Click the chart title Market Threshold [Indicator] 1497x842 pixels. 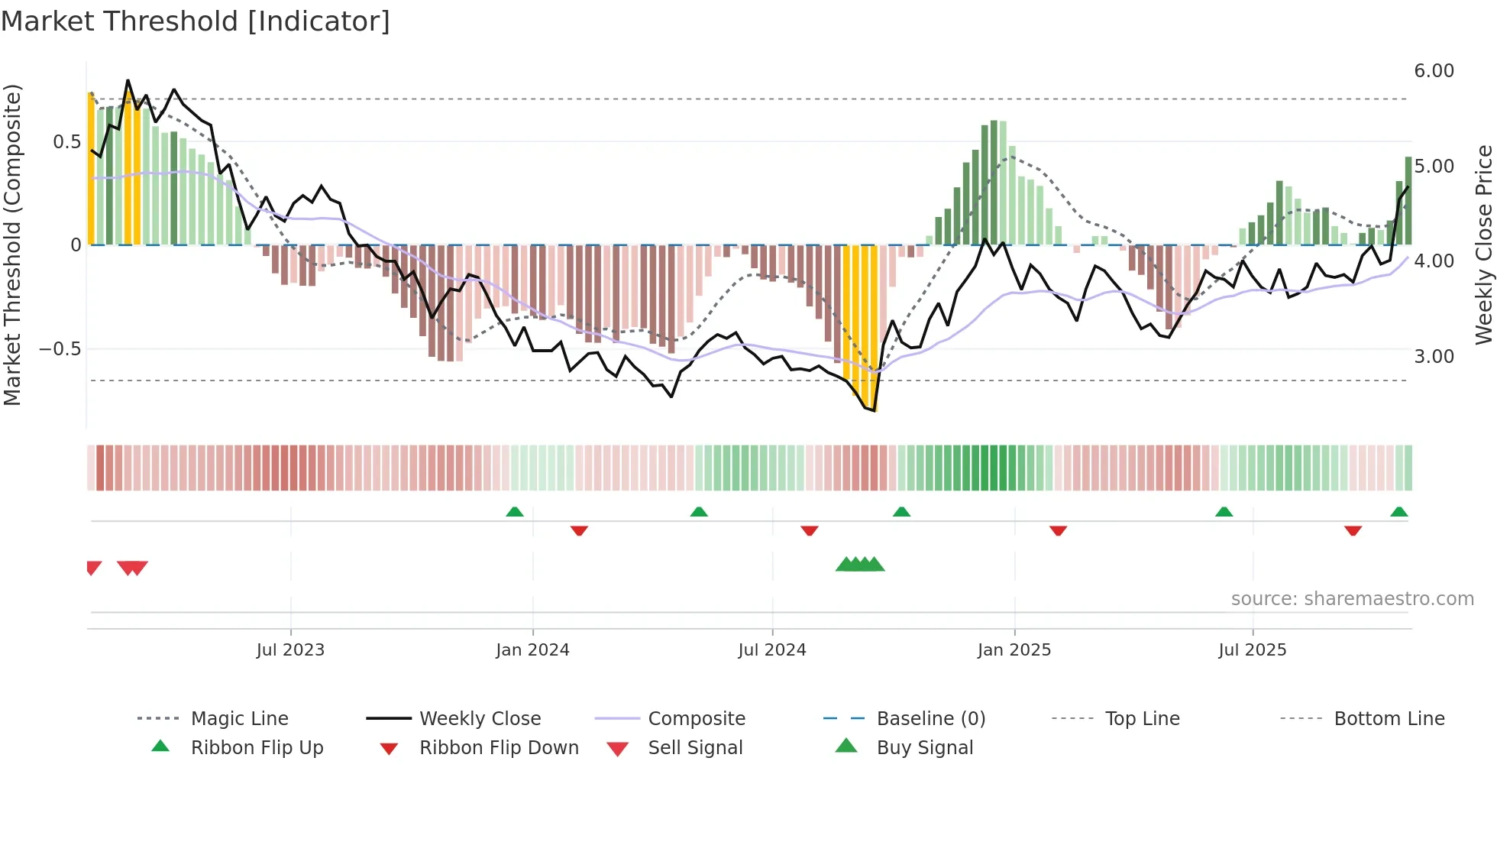point(196,21)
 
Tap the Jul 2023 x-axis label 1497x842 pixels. point(290,650)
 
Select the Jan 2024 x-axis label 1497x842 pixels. point(532,650)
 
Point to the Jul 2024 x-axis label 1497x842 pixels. point(772,650)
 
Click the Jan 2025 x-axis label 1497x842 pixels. point(1014,650)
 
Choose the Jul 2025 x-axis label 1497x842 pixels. point(1253,650)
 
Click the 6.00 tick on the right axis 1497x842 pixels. point(1434,71)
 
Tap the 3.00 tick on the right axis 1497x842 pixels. point(1434,357)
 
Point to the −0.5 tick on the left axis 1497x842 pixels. point(60,349)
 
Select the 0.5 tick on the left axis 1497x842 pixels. point(66,142)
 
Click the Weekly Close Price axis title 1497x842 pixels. point(1483,245)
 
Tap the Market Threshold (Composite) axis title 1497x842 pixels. point(12,245)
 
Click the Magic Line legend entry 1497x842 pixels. point(239,719)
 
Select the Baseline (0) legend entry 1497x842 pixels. point(930,719)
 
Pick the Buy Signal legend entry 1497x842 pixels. point(924,748)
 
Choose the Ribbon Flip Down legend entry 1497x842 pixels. point(499,748)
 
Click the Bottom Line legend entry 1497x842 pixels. point(1389,719)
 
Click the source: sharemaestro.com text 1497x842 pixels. point(1352,599)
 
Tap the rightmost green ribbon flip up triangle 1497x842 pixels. point(1398,512)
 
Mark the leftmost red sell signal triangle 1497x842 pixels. point(93,567)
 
